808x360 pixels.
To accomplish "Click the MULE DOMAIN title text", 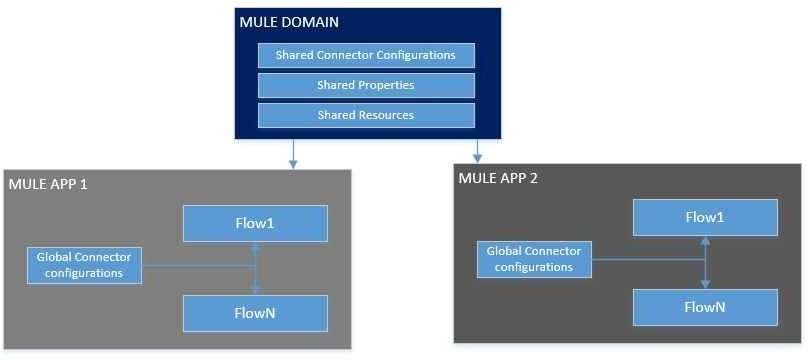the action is click(289, 22).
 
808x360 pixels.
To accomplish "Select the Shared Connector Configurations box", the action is click(366, 55).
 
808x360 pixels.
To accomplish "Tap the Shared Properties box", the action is click(366, 85).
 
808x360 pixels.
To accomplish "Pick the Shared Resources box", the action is click(366, 115).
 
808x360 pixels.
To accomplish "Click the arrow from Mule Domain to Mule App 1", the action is click(293, 153).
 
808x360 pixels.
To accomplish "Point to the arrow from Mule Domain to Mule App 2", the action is click(478, 150).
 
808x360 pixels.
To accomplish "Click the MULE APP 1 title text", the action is click(48, 184).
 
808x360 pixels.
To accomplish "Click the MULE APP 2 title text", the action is click(498, 178).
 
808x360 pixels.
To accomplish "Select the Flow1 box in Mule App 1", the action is click(256, 224).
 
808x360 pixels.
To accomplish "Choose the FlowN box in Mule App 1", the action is click(256, 313).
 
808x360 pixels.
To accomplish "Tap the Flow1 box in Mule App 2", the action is click(705, 217).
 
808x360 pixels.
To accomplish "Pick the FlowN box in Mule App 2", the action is click(705, 307).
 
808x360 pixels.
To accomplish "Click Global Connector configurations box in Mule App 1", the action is click(85, 265).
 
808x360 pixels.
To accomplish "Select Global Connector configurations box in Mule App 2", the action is click(534, 259).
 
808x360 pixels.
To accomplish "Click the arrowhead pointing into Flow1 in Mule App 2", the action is click(705, 240).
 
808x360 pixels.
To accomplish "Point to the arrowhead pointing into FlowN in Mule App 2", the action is click(705, 284).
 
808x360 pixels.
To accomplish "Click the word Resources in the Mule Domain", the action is click(386, 115).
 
